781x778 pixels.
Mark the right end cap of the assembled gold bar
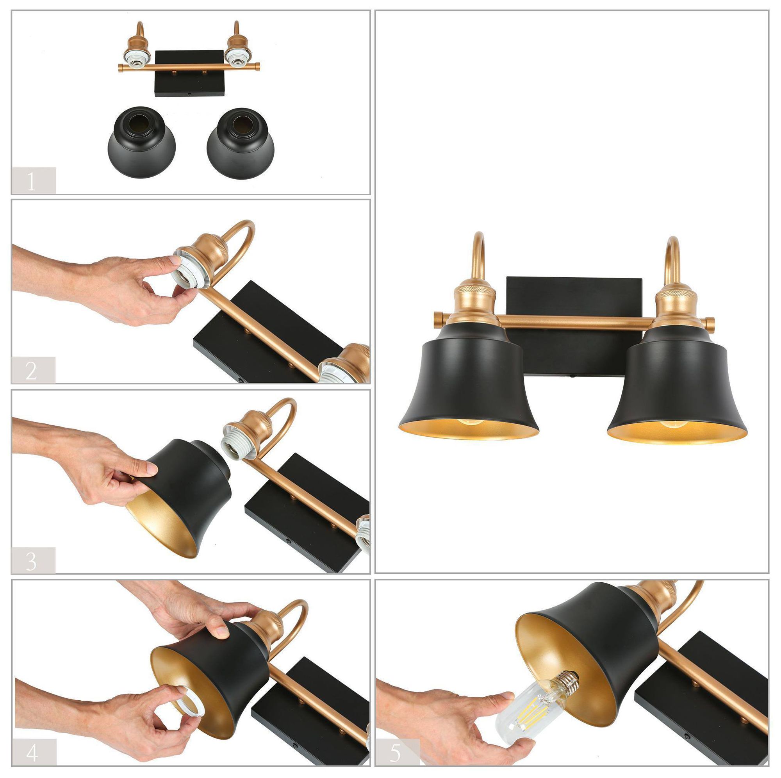click(710, 322)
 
